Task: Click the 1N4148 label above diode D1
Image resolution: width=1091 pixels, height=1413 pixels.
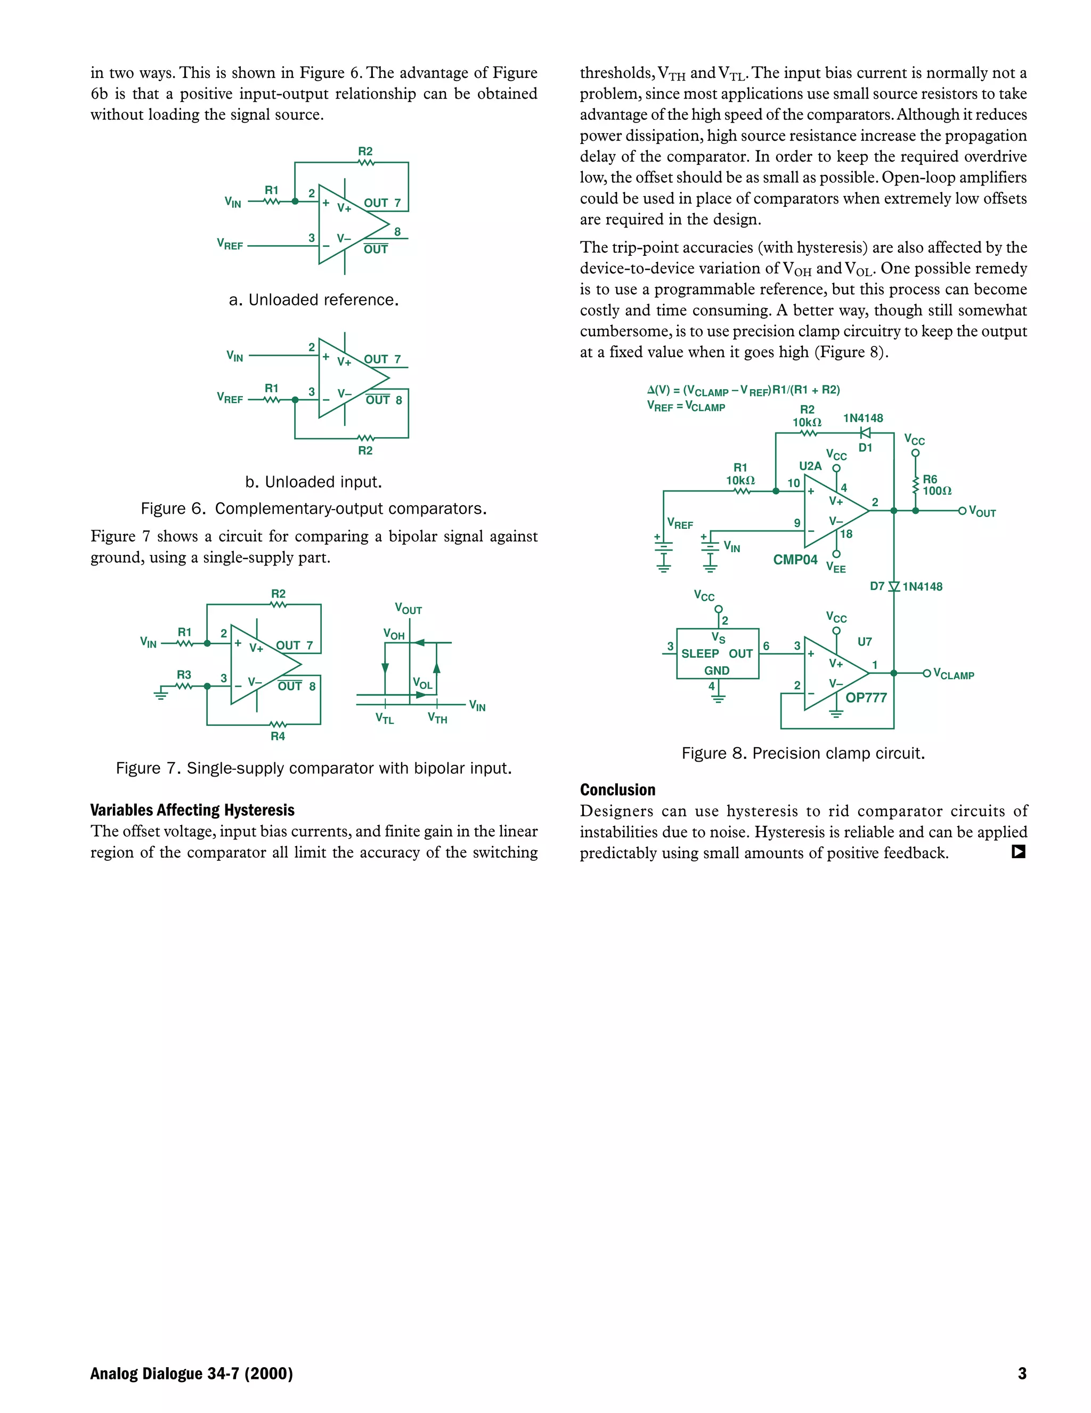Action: point(862,418)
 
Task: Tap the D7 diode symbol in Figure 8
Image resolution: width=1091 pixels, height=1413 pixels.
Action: point(894,586)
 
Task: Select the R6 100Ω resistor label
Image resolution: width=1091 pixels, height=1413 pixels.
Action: point(937,485)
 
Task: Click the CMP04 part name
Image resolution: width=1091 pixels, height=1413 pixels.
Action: point(795,560)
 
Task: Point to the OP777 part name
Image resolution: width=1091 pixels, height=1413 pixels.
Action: point(866,698)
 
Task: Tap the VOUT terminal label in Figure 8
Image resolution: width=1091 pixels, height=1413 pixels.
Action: point(982,512)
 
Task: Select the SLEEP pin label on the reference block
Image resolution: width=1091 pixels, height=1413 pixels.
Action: point(700,653)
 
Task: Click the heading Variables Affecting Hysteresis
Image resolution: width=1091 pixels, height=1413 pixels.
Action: point(192,810)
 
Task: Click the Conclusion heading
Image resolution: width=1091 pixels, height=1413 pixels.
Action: point(617,789)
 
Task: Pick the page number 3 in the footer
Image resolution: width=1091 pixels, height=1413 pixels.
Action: point(1022,1373)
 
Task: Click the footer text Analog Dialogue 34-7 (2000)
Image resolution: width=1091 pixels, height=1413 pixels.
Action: point(191,1373)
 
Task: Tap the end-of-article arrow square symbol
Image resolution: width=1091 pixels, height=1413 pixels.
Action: point(1019,851)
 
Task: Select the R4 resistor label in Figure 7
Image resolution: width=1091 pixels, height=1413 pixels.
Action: point(278,736)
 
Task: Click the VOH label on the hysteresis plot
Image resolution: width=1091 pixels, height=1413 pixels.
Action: point(394,634)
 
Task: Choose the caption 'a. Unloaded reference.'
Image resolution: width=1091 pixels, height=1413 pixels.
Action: point(314,300)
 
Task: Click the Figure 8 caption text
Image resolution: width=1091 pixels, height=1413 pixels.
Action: point(803,753)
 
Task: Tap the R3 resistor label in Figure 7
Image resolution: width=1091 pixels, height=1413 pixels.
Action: point(184,675)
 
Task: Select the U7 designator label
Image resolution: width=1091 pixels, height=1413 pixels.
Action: point(865,642)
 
